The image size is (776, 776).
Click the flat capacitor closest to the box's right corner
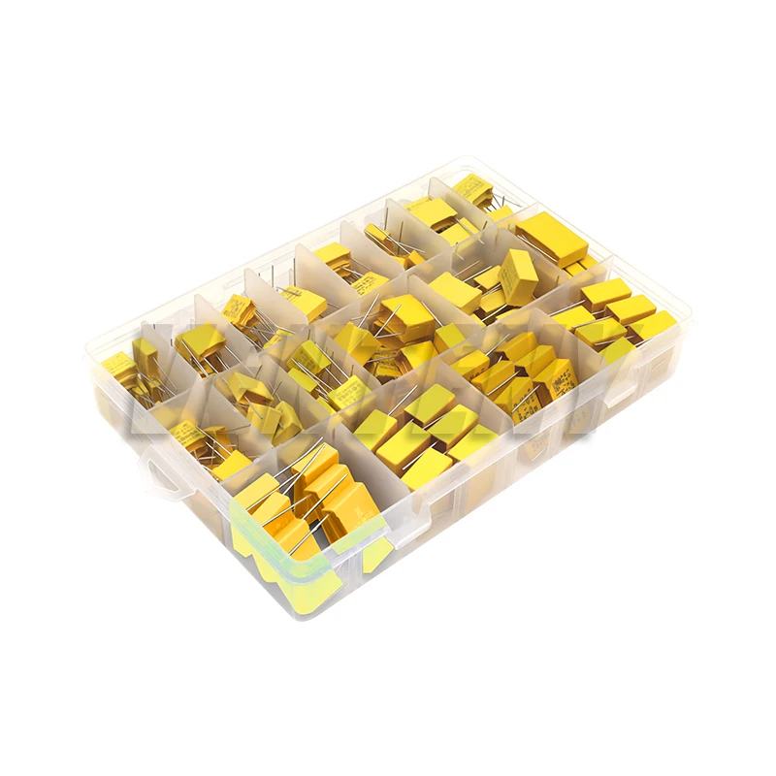(x=653, y=326)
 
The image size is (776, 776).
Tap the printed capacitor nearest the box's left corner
(x=117, y=366)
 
